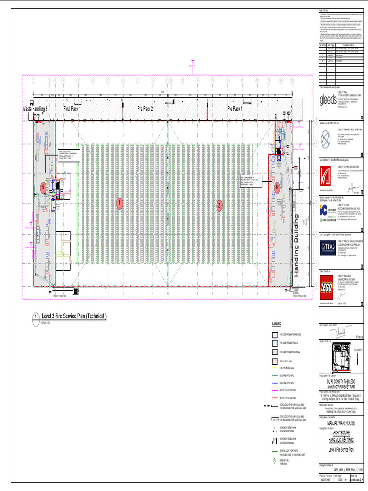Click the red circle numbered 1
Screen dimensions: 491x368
point(119,204)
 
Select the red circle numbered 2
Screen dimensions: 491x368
point(219,206)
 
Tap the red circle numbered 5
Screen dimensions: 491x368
point(43,187)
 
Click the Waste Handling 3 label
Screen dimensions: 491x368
point(35,109)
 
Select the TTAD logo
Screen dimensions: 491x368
point(328,246)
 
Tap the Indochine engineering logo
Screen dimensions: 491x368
point(328,211)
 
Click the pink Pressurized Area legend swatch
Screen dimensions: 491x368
point(275,361)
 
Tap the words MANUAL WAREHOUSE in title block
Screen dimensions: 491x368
point(341,423)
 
